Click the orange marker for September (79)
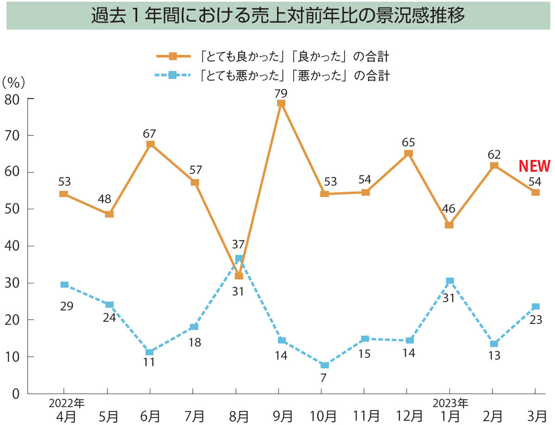point(281,103)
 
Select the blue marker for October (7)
point(324,365)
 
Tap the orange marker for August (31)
point(239,276)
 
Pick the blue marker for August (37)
point(239,259)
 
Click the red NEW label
point(534,166)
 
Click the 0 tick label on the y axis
point(15,394)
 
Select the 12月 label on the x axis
point(409,415)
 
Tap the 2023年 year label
point(450,402)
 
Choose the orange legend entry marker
point(173,56)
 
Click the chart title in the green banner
point(277,16)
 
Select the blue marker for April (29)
point(65,285)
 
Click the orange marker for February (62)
point(494,166)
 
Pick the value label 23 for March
point(536,319)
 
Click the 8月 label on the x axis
point(239,415)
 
